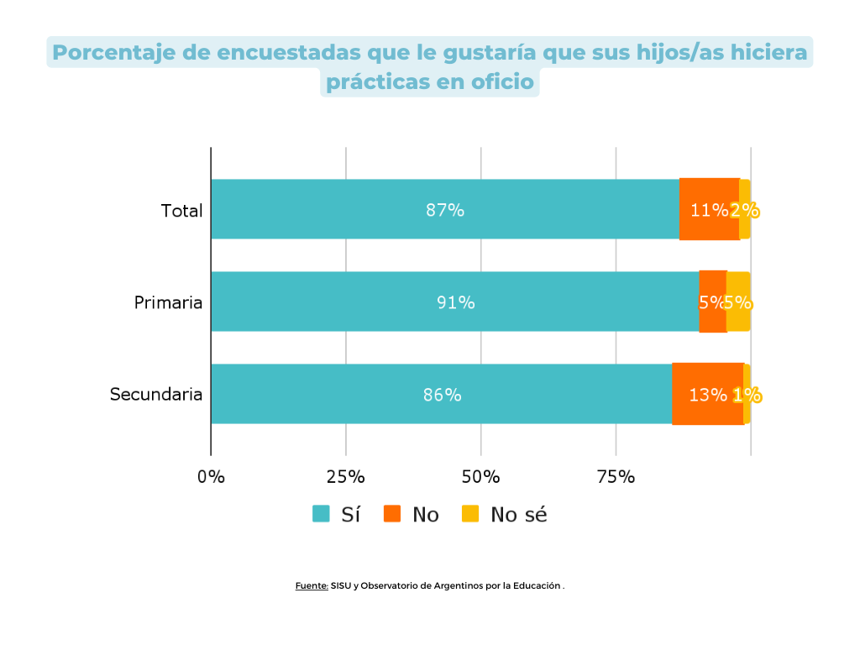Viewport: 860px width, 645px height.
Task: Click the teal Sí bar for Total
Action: (x=445, y=209)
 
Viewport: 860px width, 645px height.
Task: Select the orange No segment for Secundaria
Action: (x=707, y=394)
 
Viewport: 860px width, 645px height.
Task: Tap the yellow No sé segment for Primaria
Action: (x=738, y=302)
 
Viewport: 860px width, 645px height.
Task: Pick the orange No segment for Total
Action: (x=709, y=209)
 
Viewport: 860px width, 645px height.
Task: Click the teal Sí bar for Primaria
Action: (x=454, y=302)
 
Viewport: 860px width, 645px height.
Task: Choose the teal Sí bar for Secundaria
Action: (x=441, y=394)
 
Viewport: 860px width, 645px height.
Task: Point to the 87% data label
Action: (x=445, y=211)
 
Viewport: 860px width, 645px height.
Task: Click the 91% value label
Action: (x=455, y=303)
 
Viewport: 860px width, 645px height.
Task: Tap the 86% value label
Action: (x=442, y=396)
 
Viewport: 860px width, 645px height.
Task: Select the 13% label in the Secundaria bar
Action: (x=707, y=396)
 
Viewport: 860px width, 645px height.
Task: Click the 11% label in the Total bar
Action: (x=708, y=211)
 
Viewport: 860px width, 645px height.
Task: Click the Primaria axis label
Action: (x=168, y=302)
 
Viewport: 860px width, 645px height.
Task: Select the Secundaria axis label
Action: (x=156, y=395)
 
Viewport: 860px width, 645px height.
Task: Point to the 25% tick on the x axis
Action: (x=345, y=477)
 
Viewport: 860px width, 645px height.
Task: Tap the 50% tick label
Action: (x=480, y=477)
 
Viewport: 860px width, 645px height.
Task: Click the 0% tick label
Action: (x=211, y=477)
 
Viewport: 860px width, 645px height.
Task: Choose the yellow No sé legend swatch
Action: (x=471, y=514)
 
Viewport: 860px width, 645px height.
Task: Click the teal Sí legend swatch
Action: (x=321, y=514)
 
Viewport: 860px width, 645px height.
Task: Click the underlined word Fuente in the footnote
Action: (x=311, y=585)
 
